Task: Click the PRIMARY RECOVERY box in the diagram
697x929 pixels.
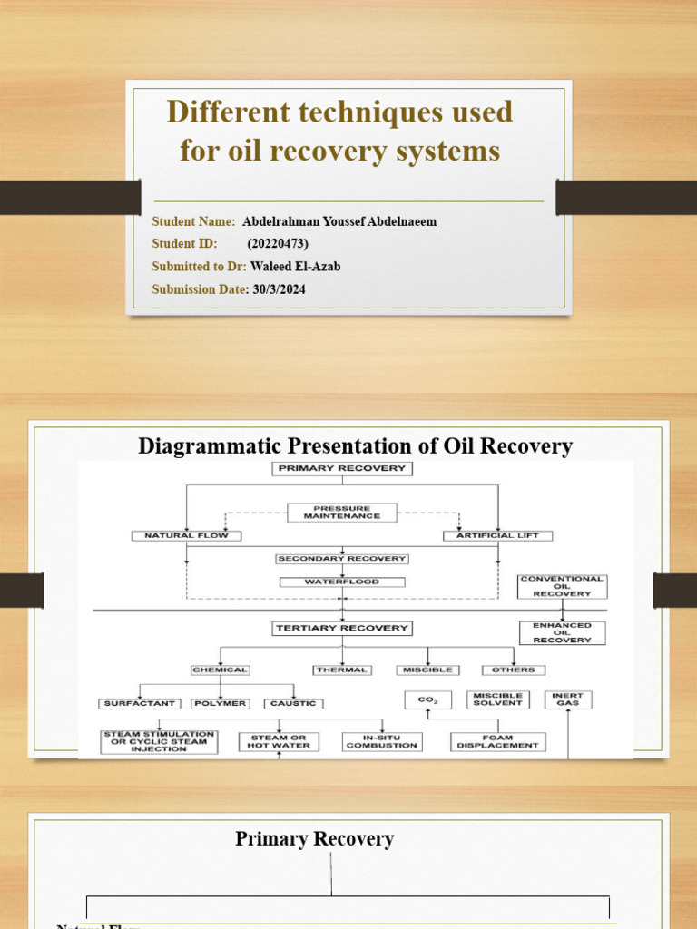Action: tap(341, 468)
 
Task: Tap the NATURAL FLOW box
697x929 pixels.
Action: tap(186, 535)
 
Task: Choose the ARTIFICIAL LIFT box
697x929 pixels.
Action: tap(496, 535)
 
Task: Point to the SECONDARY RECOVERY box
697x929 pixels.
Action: tap(341, 559)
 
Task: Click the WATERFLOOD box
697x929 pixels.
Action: tap(341, 582)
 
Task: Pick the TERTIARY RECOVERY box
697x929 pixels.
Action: tap(341, 628)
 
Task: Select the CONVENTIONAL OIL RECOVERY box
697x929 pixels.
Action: tap(562, 586)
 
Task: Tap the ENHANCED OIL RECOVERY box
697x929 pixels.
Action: tap(562, 632)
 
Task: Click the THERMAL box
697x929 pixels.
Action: tap(341, 670)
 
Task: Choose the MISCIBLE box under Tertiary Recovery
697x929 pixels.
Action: tap(427, 670)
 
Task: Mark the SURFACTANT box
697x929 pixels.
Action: tap(140, 703)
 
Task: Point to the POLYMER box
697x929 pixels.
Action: tap(220, 703)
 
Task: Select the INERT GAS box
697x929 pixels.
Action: tap(568, 699)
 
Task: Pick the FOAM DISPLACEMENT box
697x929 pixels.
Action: tap(497, 740)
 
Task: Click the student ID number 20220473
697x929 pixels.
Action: tap(278, 243)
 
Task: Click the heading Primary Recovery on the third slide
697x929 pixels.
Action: tap(314, 839)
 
